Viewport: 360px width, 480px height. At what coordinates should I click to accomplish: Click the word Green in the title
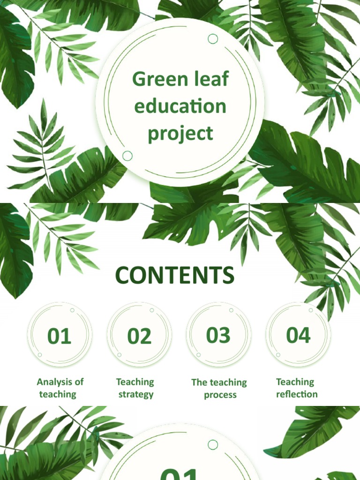click(x=154, y=79)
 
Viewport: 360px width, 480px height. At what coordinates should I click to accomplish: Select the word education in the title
click(x=180, y=106)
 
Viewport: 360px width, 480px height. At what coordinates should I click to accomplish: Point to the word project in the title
click(x=180, y=134)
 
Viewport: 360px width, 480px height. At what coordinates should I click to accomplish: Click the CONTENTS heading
click(x=175, y=276)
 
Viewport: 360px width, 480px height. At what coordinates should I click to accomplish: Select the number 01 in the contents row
click(x=60, y=337)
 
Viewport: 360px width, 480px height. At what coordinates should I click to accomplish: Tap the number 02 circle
click(x=139, y=337)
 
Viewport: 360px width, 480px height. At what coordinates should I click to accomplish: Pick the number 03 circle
click(x=218, y=336)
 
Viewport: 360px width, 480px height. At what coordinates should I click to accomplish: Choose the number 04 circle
click(x=298, y=336)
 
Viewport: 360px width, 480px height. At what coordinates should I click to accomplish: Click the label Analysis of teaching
click(x=60, y=388)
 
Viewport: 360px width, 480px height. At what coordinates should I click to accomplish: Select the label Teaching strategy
click(x=135, y=388)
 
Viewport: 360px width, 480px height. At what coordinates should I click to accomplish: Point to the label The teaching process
click(x=219, y=389)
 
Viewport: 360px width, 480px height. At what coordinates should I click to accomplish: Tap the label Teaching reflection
click(x=297, y=388)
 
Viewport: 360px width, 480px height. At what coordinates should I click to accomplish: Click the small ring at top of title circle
click(x=213, y=39)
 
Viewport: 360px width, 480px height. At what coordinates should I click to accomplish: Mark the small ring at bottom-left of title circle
click(x=127, y=156)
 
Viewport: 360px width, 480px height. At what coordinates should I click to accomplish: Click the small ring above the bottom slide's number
click(x=213, y=445)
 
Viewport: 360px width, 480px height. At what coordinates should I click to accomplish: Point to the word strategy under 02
click(x=136, y=395)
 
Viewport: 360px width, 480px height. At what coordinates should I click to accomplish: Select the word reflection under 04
click(x=297, y=395)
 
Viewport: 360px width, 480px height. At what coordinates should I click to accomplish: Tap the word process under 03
click(x=220, y=395)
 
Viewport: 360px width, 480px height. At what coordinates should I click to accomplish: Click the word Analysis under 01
click(x=53, y=382)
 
